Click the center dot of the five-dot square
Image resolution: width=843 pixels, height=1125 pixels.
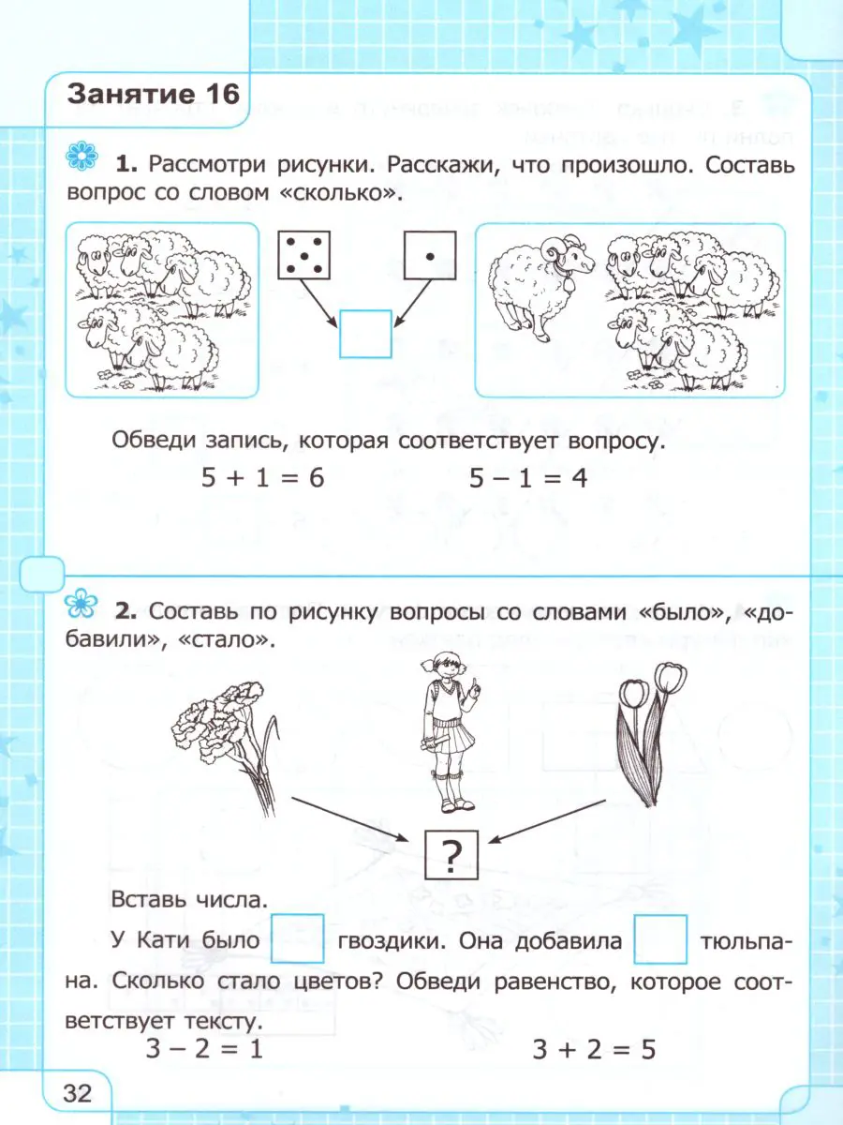(x=304, y=255)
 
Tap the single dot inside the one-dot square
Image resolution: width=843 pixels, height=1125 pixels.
(x=430, y=256)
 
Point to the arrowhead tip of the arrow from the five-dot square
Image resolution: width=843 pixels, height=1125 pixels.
(x=338, y=327)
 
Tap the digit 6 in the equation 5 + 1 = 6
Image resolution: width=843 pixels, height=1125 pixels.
(x=317, y=478)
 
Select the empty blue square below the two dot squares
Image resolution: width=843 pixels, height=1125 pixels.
(x=365, y=334)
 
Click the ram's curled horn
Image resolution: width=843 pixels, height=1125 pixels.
(x=555, y=249)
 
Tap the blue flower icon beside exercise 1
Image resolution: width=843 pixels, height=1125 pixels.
(x=81, y=156)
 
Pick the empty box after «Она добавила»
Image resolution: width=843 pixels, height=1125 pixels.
(x=660, y=939)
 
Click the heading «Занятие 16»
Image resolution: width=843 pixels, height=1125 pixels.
(x=154, y=95)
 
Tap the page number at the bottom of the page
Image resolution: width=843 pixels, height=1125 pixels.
(x=78, y=1093)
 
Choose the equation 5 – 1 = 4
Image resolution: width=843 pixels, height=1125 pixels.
(x=528, y=478)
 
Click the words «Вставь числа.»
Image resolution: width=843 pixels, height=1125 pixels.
(x=189, y=899)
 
